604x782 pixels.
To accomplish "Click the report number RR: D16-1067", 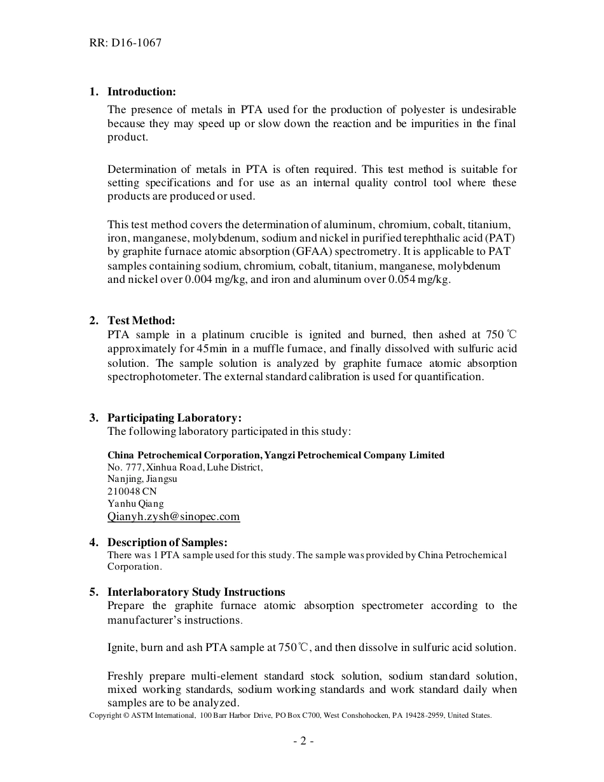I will tap(125, 43).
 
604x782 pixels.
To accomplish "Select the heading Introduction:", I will tap(141, 92).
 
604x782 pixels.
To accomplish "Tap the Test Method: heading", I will tap(141, 320).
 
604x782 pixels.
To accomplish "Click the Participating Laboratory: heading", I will tap(174, 418).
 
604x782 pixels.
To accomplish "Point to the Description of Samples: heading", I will tap(167, 542).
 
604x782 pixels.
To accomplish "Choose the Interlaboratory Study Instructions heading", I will tap(196, 592).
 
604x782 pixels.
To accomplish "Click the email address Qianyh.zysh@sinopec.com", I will tap(174, 516).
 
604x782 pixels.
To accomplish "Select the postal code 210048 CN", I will tap(132, 491).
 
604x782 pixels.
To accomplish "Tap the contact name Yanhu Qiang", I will tap(135, 504).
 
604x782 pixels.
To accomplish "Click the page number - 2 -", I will tap(303, 741).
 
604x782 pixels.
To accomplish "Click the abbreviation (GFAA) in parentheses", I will tap(308, 252).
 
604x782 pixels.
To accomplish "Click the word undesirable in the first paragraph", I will tap(488, 109).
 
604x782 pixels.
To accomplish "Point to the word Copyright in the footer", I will tap(105, 715).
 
